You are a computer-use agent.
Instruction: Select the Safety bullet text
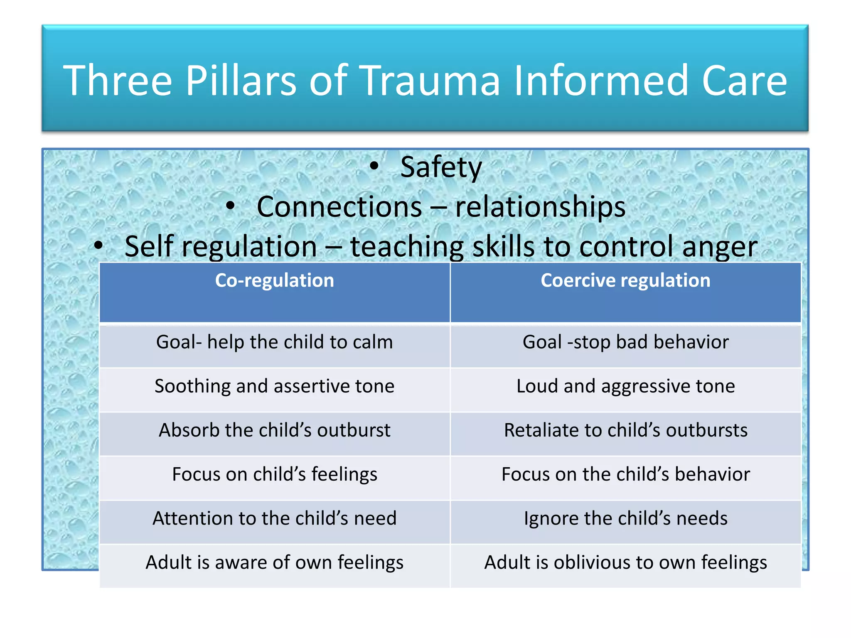pos(441,167)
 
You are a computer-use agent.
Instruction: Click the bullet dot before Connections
pos(231,206)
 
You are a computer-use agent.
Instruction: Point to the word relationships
pos(540,207)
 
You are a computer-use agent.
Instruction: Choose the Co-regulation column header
pos(274,280)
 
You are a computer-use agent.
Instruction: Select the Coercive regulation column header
pos(625,280)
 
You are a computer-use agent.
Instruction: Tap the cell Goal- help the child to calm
pos(274,342)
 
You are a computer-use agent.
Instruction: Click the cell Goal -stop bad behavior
pos(625,342)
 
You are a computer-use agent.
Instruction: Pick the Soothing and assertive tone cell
pos(274,386)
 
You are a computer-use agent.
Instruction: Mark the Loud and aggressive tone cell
pos(625,386)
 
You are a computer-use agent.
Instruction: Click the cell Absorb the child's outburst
pos(274,430)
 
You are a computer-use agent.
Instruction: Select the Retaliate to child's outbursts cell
pos(625,430)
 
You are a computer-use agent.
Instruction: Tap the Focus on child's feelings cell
pos(274,474)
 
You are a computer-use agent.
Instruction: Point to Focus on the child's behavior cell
pos(625,474)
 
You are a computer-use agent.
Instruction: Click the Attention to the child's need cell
pos(274,518)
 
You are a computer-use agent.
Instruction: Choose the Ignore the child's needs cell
pos(625,518)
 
